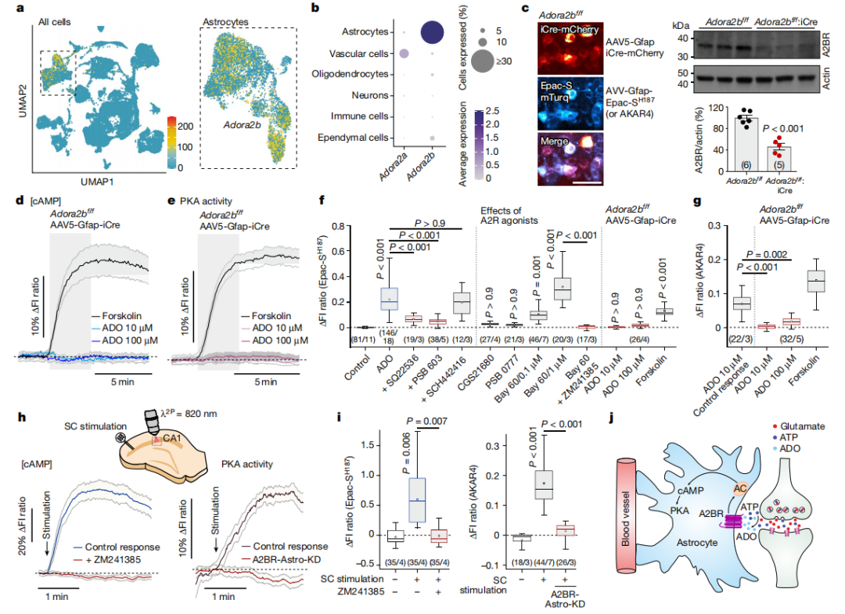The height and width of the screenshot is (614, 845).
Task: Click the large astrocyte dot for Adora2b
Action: [431, 32]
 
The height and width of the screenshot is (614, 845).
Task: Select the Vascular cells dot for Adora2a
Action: [404, 53]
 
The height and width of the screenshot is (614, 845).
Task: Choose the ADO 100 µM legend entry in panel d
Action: [126, 342]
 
